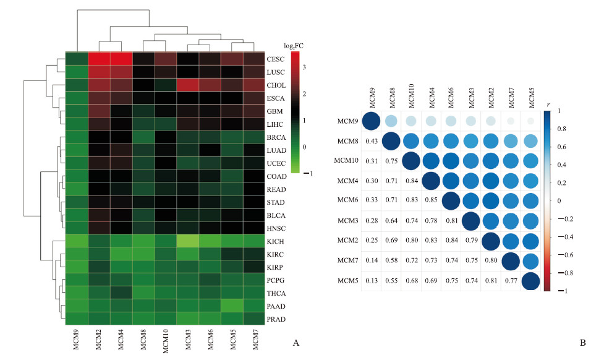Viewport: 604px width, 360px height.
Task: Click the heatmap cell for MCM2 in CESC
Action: [99, 59]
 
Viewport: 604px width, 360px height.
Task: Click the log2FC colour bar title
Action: [293, 45]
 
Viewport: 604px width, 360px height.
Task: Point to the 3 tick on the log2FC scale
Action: [304, 66]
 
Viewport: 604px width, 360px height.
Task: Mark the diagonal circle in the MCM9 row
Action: [372, 121]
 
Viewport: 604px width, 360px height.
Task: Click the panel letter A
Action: [296, 342]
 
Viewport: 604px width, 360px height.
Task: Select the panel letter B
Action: [582, 342]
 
